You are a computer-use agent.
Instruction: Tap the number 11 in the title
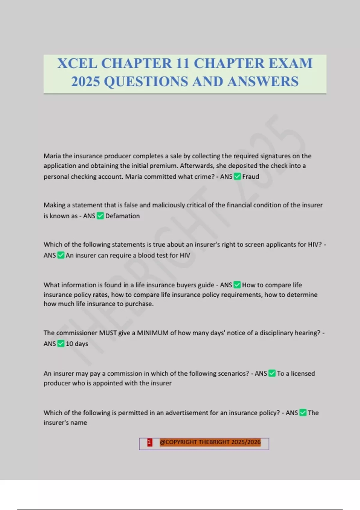pyautogui.click(x=183, y=64)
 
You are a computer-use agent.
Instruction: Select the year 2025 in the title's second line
pyautogui.click(x=85, y=82)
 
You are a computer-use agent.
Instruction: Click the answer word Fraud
pyautogui.click(x=250, y=176)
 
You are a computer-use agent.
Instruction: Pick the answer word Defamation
pyautogui.click(x=122, y=216)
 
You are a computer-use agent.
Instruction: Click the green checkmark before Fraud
pyautogui.click(x=237, y=176)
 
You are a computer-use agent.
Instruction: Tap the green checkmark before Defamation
pyautogui.click(x=100, y=216)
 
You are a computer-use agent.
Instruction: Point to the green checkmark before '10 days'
pyautogui.click(x=61, y=343)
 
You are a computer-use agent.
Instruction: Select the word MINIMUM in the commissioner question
pyautogui.click(x=153, y=333)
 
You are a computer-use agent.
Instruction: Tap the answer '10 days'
pyautogui.click(x=77, y=344)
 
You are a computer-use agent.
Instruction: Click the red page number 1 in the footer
pyautogui.click(x=149, y=442)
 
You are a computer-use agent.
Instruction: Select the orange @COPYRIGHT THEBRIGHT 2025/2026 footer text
pyautogui.click(x=210, y=442)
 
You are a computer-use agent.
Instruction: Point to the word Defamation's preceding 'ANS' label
pyautogui.click(x=89, y=216)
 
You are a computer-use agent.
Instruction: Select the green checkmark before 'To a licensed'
pyautogui.click(x=272, y=373)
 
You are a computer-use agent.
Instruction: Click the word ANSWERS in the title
pyautogui.click(x=263, y=82)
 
